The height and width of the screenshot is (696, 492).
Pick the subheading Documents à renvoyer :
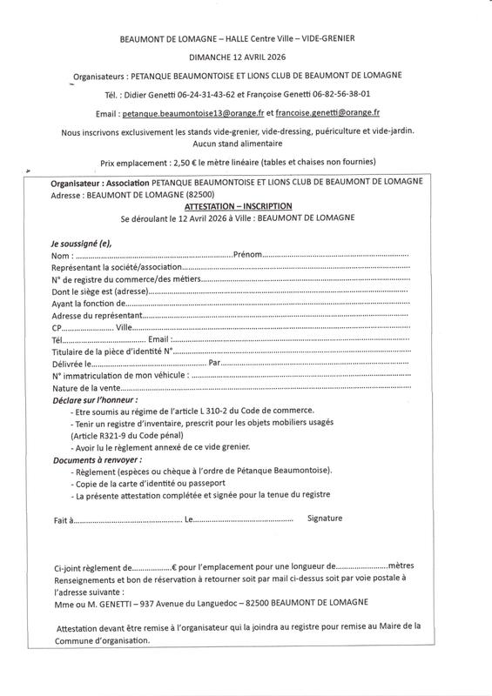click(x=97, y=458)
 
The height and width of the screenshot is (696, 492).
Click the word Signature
click(x=325, y=519)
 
